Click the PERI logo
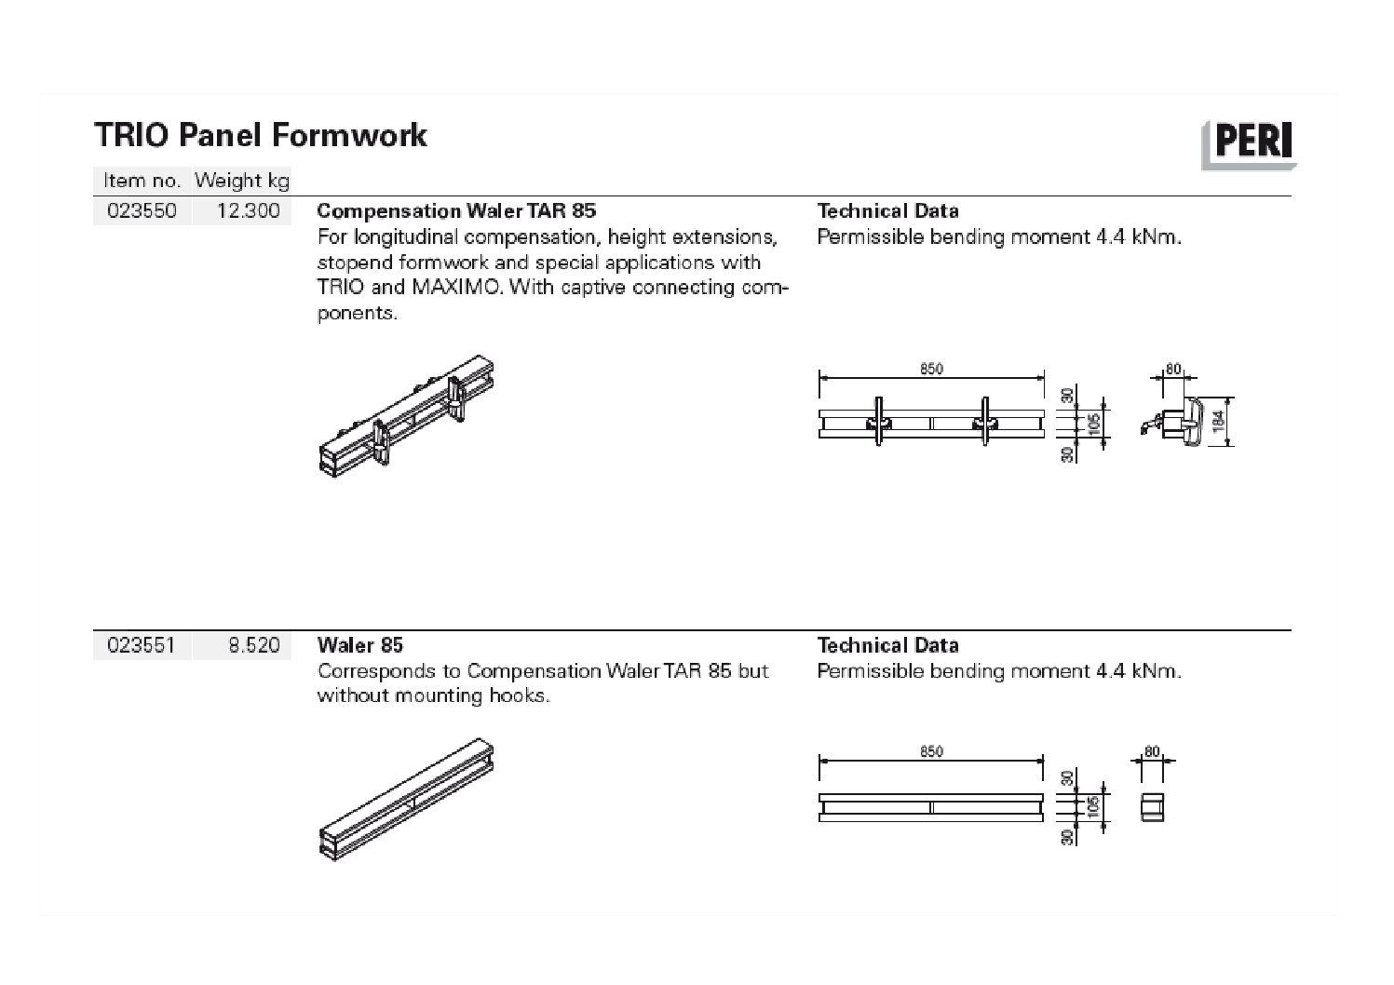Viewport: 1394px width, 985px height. click(1250, 144)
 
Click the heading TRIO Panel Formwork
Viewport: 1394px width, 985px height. click(261, 136)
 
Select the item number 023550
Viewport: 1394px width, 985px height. click(142, 211)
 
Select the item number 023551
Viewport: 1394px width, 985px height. click(142, 645)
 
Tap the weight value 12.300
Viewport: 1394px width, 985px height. click(248, 211)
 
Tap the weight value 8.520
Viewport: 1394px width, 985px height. click(254, 645)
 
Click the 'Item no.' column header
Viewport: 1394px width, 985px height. click(142, 181)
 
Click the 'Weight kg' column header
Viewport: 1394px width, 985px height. click(242, 181)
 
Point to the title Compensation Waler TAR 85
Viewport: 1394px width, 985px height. click(456, 211)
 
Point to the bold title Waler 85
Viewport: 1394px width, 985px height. click(360, 645)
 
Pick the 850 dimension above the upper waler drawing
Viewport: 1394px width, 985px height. click(931, 369)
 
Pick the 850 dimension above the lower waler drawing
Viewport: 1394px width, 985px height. click(931, 751)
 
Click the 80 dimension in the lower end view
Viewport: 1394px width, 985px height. click(1153, 751)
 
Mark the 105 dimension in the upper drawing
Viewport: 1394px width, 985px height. click(1094, 423)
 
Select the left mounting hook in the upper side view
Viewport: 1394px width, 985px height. click(878, 424)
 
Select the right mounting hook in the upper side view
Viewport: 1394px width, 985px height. click(984, 424)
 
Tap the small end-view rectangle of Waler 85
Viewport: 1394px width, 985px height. click(1153, 806)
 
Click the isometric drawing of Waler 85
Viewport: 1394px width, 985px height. click(407, 801)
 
